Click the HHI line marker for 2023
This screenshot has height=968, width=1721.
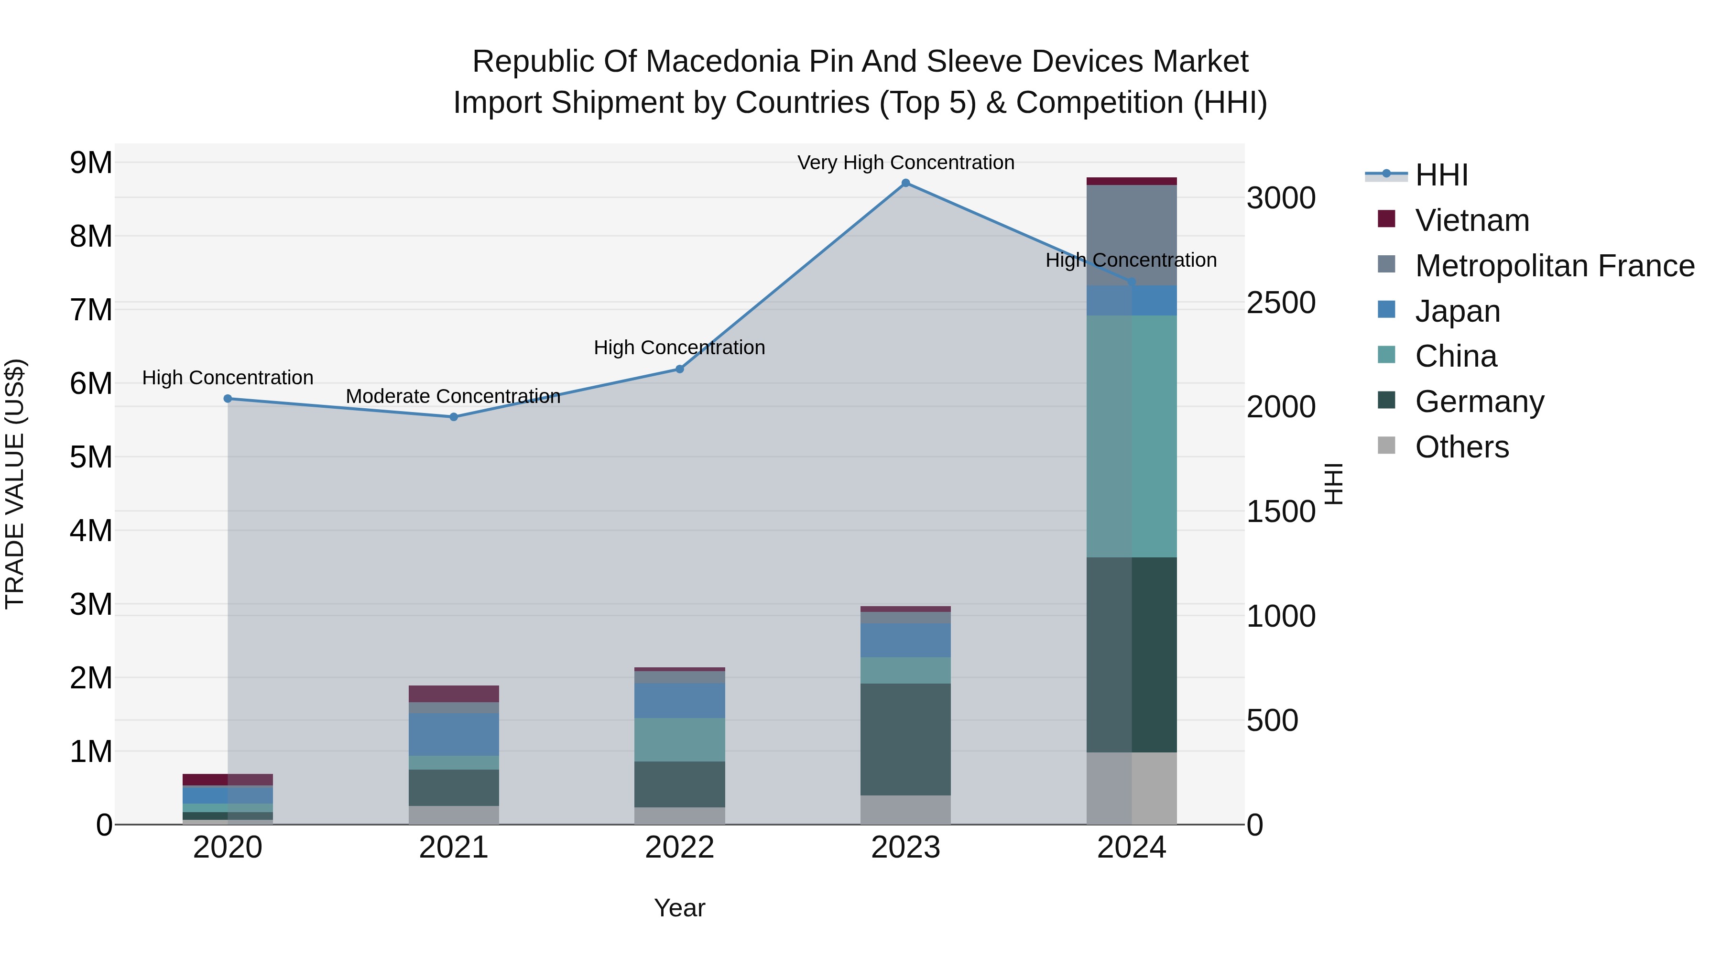coord(905,183)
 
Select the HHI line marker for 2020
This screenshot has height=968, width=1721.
coord(228,399)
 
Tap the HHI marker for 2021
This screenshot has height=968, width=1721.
coord(454,417)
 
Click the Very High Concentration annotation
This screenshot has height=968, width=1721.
coord(905,163)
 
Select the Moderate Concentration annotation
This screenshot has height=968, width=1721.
coord(453,396)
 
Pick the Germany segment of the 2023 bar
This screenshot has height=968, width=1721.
coord(905,739)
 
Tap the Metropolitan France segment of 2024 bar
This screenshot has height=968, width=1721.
coord(1131,235)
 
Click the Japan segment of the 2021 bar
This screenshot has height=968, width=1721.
coord(454,734)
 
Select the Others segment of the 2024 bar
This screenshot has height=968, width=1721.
coord(1131,788)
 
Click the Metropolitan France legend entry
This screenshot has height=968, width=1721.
coord(1554,266)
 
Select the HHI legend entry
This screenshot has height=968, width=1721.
coord(1440,175)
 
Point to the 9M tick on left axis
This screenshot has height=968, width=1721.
coord(91,163)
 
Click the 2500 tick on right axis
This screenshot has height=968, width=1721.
coord(1281,303)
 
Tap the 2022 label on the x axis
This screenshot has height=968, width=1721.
coord(679,848)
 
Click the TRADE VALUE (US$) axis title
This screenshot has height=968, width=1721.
coord(15,484)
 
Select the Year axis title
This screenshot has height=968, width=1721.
coord(679,908)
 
